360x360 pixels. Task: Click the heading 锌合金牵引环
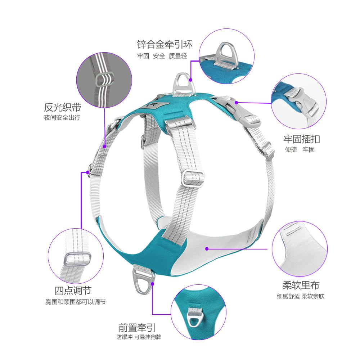point(165,45)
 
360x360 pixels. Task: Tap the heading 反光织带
point(62,107)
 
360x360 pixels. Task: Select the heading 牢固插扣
point(301,139)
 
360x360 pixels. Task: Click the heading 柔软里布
point(301,286)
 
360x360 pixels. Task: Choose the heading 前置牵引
point(137,328)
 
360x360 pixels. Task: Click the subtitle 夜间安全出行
point(62,118)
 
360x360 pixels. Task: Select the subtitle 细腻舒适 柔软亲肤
point(301,297)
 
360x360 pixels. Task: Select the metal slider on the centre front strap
point(192,178)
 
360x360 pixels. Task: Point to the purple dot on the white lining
point(207,248)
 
